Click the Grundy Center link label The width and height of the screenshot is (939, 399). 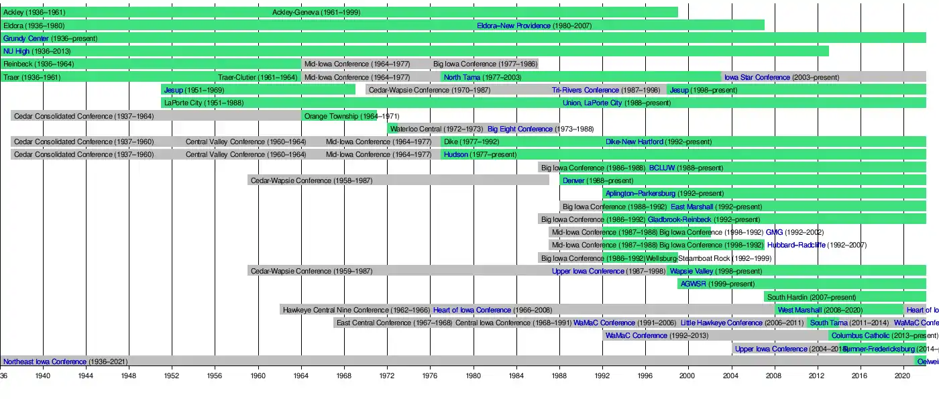coord(26,38)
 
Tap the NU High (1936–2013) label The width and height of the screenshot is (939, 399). coord(37,51)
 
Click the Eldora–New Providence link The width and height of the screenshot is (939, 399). coord(514,25)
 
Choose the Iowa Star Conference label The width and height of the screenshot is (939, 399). coord(757,77)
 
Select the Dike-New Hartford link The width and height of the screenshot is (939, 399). coord(634,141)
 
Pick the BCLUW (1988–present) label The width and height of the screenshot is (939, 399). coord(686,168)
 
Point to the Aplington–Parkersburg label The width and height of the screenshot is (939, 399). coord(641,193)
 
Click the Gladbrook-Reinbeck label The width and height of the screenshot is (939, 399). coord(679,219)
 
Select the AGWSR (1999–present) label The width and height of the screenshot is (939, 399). coord(717,284)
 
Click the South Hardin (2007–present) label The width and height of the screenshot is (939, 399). coord(812,297)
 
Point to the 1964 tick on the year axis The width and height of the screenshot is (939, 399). coord(301,376)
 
